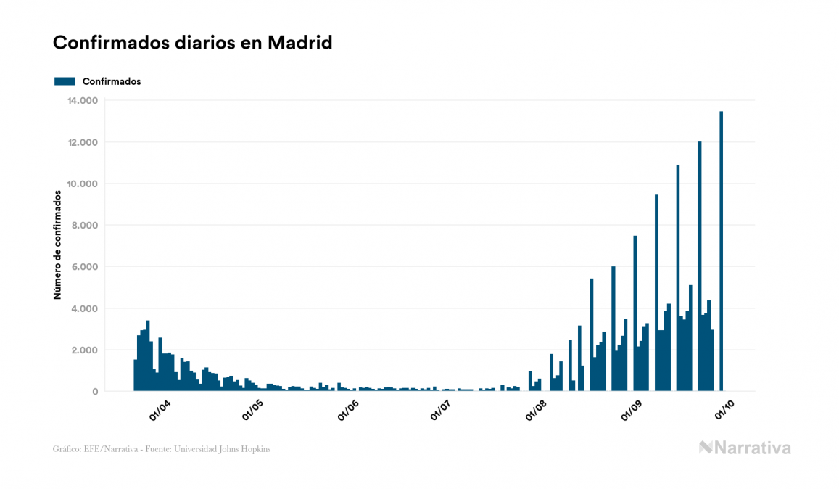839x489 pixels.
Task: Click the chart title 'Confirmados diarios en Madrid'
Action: (192, 43)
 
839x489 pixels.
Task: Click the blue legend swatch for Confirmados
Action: (65, 81)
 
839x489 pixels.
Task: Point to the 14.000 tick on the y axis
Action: (80, 100)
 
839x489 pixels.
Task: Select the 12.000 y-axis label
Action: (80, 142)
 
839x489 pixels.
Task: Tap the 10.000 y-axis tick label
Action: (80, 184)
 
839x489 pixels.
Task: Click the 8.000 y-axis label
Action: (83, 225)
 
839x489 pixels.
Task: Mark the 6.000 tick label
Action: (83, 267)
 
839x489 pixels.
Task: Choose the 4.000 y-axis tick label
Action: (83, 308)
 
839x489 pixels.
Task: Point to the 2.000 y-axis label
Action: (83, 350)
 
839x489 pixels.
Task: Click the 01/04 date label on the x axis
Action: (159, 410)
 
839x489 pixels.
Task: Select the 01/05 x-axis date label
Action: (253, 410)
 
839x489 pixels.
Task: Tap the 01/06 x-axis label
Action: (347, 410)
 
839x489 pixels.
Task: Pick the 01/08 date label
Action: (536, 410)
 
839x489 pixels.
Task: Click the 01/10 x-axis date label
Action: (724, 410)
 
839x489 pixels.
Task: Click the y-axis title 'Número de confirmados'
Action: (57, 245)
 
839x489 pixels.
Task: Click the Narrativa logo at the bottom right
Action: (745, 448)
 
